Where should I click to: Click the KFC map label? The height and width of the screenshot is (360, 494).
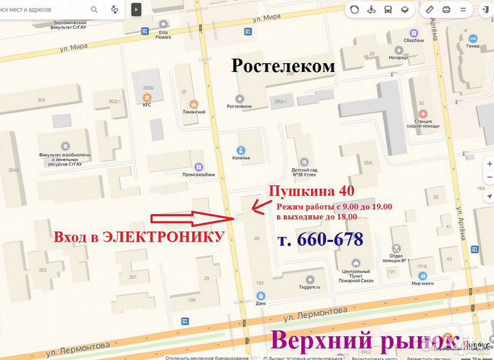147,105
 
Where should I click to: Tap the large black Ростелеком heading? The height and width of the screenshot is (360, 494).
283,66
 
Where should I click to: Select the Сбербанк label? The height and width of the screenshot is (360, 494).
414,41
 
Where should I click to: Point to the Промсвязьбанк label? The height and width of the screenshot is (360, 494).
198,175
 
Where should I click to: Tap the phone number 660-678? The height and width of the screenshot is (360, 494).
320,239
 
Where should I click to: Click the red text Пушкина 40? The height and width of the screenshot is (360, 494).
311,191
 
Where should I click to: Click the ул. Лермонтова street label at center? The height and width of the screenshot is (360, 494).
315,312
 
